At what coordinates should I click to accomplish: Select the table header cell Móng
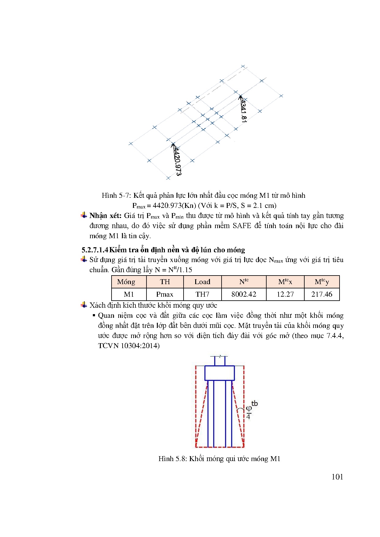(126, 282)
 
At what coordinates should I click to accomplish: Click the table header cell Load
(202, 282)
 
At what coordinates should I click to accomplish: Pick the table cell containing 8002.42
(244, 294)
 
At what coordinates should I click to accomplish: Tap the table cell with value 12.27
(285, 294)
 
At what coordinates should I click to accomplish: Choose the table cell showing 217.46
(321, 294)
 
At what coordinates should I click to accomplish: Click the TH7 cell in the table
(202, 294)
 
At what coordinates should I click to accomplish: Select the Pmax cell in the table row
(165, 294)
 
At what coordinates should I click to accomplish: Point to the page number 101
(337, 477)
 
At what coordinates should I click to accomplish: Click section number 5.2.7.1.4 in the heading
(95, 250)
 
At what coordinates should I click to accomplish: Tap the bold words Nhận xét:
(105, 216)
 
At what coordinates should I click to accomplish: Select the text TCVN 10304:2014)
(129, 346)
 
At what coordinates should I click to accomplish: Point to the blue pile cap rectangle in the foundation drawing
(219, 373)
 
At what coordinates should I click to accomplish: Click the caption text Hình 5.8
(173, 459)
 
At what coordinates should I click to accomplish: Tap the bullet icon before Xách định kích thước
(84, 305)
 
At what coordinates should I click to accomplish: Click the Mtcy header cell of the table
(321, 282)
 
